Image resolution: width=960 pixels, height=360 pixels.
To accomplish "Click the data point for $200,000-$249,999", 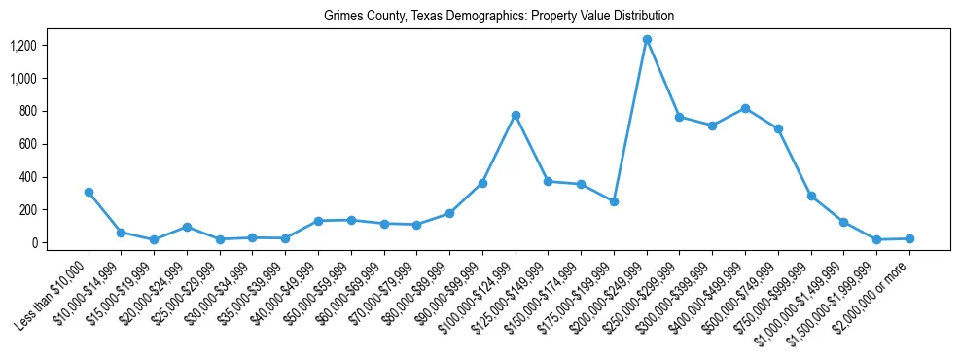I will tap(647, 39).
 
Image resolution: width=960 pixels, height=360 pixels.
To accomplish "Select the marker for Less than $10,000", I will tap(89, 192).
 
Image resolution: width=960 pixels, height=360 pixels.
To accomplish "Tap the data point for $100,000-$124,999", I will tap(516, 115).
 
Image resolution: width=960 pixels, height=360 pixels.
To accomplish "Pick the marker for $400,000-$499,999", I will tap(745, 108).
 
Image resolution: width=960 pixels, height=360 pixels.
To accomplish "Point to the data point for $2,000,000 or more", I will tap(909, 238).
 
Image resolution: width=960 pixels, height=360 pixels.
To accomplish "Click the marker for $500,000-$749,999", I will tap(778, 128).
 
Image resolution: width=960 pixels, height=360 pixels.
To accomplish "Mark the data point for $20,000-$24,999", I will tap(187, 227).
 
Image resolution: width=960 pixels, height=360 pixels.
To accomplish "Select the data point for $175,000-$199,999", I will tap(614, 201).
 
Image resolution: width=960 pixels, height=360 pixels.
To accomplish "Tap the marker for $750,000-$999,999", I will tap(811, 196).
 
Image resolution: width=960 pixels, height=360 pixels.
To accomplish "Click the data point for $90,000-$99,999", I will tap(482, 183).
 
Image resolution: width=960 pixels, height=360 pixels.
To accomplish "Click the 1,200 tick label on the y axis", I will tap(23, 46).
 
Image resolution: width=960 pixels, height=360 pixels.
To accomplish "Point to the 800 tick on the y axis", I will tap(27, 111).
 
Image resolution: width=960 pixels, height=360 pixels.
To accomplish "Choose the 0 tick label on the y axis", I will tap(32, 243).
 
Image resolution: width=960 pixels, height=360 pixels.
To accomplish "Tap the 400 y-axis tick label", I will tap(27, 177).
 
